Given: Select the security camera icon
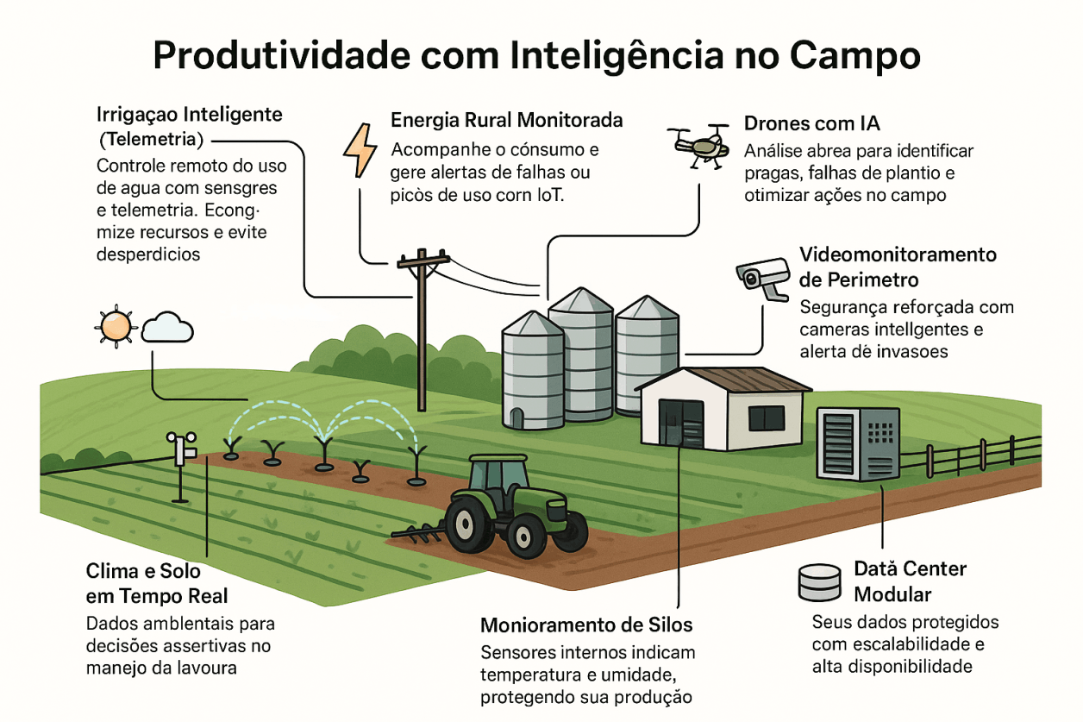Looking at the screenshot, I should (x=763, y=277).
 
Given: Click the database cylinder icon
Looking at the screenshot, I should (x=818, y=582).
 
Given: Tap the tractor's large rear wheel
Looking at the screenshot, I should (x=468, y=524).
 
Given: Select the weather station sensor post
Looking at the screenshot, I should (x=181, y=467).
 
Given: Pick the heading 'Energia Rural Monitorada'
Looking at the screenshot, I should (x=506, y=119).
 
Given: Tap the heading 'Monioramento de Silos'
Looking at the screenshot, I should (x=586, y=625).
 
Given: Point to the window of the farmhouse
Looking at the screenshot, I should (x=766, y=418).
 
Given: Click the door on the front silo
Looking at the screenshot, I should (x=516, y=418).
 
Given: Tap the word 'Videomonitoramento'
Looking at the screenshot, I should (x=898, y=255).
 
